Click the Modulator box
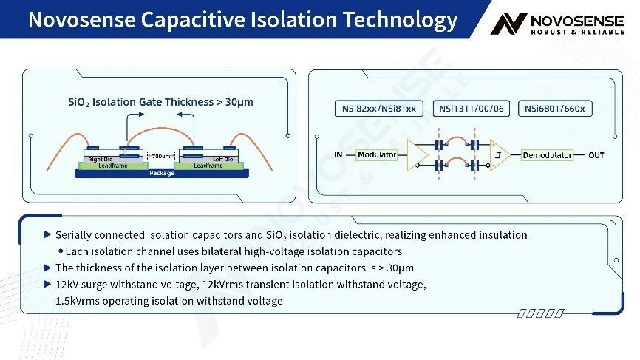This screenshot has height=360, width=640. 376,154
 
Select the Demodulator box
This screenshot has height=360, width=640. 547,155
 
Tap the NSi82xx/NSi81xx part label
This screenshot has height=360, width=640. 379,109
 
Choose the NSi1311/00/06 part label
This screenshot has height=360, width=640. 471,109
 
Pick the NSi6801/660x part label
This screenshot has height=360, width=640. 555,109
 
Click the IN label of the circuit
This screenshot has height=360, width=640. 338,154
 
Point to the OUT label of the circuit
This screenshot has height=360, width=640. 596,155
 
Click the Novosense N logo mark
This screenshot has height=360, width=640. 508,23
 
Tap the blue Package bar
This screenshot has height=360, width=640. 162,174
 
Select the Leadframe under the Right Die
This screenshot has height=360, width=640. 113,166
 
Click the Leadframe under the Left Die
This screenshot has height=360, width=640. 208,166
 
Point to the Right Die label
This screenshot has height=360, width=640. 100,159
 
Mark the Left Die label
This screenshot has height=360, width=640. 222,159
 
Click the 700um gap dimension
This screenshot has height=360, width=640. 161,156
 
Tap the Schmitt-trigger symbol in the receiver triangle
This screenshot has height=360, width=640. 498,155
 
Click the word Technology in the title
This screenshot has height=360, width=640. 400,21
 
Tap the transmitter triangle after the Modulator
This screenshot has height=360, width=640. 417,155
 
